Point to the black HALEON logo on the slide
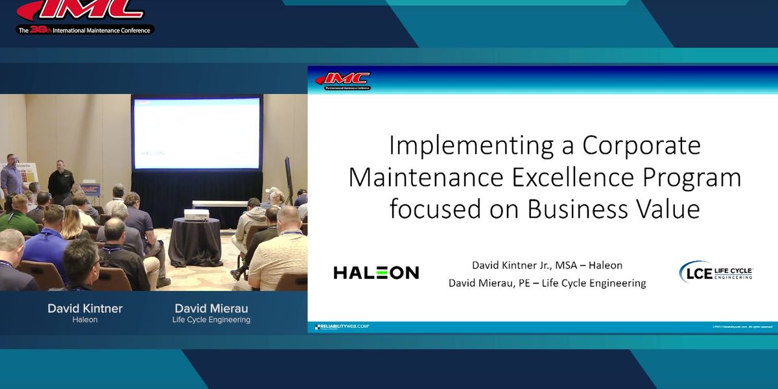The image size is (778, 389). tap(376, 272)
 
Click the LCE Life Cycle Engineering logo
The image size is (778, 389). tap(716, 271)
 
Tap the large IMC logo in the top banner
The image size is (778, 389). tap(81, 10)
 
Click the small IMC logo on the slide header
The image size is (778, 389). tap(343, 80)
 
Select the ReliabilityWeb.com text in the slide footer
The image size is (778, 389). tap(342, 327)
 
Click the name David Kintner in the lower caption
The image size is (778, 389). tap(85, 308)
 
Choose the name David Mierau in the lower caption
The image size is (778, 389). tap(211, 308)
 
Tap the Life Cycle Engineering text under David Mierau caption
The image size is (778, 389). tap(211, 320)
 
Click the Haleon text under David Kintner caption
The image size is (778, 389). tap(85, 320)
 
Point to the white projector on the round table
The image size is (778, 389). tap(195, 214)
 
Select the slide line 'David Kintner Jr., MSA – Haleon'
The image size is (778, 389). tap(547, 265)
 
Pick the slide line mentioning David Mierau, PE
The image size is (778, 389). tap(547, 283)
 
